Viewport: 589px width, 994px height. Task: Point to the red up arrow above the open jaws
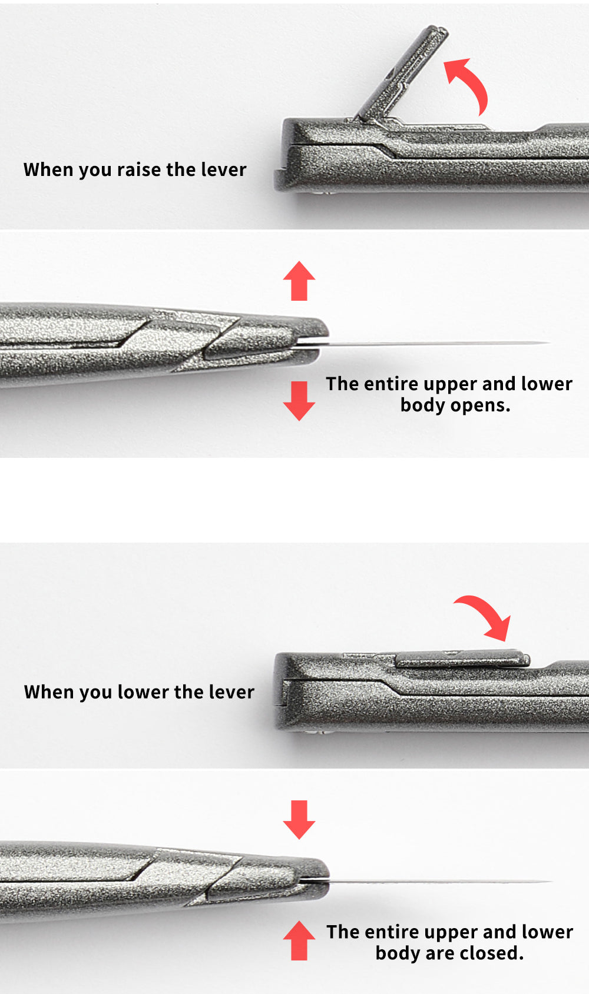click(299, 281)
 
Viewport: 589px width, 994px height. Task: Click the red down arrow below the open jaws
click(299, 401)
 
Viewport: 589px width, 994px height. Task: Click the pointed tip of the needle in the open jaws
click(550, 343)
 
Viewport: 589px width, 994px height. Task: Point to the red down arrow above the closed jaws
click(299, 820)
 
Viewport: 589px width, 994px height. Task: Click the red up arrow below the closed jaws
click(299, 940)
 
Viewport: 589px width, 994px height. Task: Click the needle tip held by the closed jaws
click(551, 881)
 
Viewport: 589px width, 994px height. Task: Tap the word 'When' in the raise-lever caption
click(48, 169)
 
